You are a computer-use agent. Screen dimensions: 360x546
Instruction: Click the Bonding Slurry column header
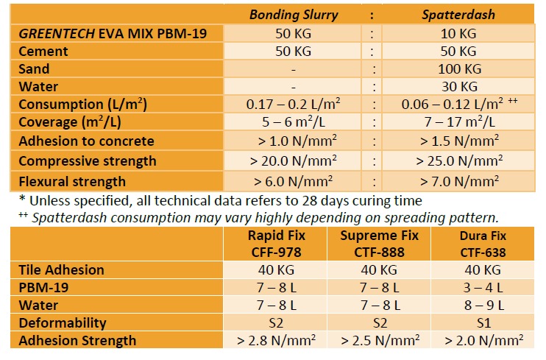(294, 14)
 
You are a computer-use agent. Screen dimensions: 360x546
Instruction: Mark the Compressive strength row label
(88, 160)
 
